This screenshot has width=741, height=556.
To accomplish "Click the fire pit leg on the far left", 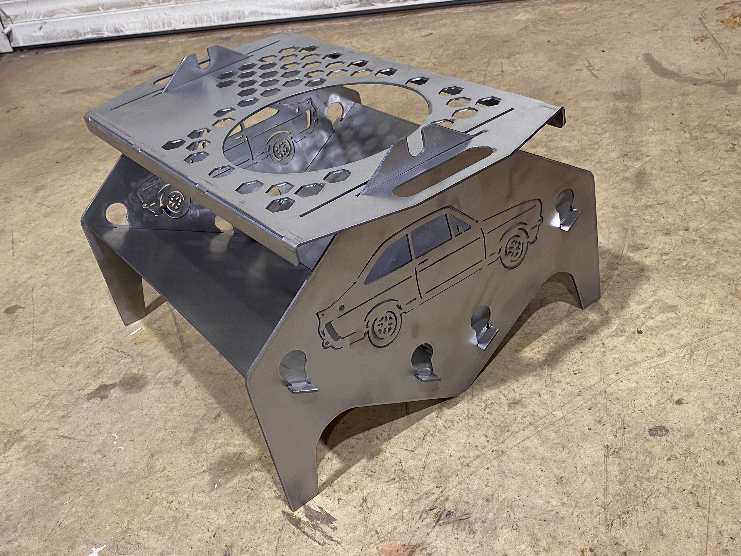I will pos(134,302).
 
